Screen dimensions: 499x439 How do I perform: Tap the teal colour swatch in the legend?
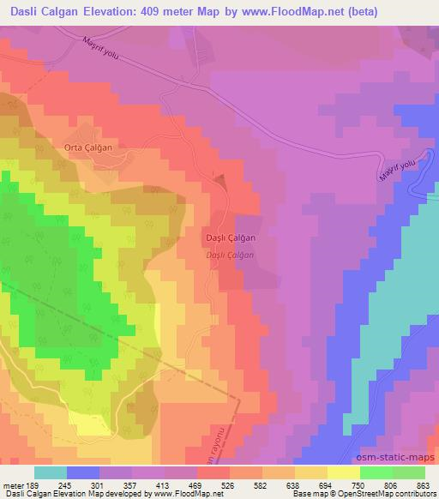click(51, 472)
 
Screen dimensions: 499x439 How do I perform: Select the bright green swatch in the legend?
click(377, 472)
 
